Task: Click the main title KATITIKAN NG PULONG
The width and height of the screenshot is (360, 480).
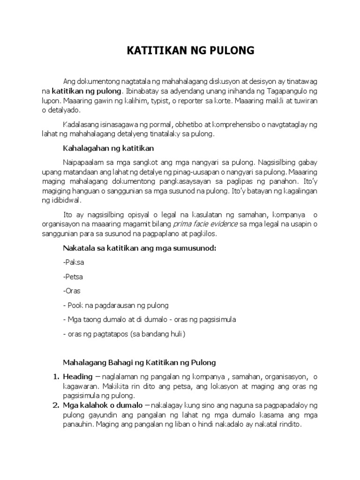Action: [190, 51]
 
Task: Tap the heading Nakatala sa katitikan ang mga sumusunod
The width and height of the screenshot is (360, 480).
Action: [139, 248]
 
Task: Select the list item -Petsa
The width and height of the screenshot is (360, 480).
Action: [73, 277]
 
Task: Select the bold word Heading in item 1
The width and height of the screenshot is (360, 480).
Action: [78, 376]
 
